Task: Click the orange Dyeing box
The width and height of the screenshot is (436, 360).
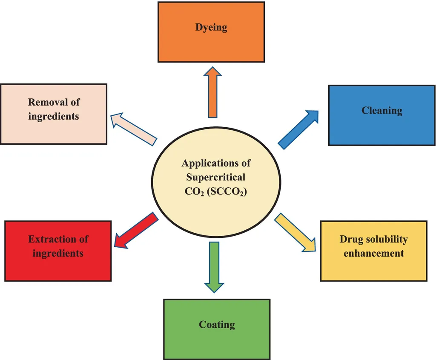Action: (211, 32)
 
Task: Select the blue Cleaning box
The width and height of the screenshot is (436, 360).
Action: (382, 115)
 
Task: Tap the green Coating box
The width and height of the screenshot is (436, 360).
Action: (217, 329)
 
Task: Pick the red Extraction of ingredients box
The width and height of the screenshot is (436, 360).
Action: (58, 251)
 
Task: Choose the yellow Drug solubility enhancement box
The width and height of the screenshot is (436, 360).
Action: (373, 251)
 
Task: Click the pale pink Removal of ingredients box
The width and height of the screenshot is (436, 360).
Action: (53, 114)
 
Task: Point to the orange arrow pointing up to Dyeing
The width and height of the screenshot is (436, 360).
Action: (212, 94)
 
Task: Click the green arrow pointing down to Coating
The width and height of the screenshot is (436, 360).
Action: (214, 266)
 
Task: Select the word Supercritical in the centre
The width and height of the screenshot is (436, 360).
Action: (215, 177)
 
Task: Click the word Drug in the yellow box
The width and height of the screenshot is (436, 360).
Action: (349, 239)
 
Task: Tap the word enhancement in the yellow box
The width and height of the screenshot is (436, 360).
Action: (373, 253)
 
